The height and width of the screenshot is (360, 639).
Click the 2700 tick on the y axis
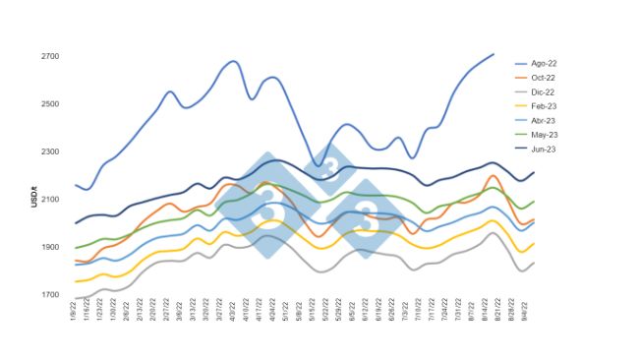click(51, 56)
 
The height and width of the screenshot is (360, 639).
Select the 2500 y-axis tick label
click(51, 104)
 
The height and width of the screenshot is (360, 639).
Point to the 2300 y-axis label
click(51, 151)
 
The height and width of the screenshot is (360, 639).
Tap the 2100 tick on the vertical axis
click(51, 200)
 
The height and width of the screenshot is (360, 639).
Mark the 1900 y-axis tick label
click(51, 247)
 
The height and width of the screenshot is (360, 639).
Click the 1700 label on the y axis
click(51, 295)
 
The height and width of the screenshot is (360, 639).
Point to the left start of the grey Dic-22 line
click(76, 298)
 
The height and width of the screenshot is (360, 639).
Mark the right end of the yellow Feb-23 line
click(534, 243)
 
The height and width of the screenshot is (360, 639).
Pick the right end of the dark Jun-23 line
click(534, 173)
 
